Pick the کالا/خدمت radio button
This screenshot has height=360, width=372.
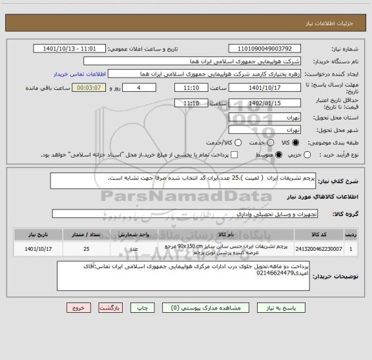[220, 142]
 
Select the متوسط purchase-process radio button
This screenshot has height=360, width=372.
[279, 155]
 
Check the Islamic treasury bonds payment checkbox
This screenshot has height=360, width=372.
[235, 155]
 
